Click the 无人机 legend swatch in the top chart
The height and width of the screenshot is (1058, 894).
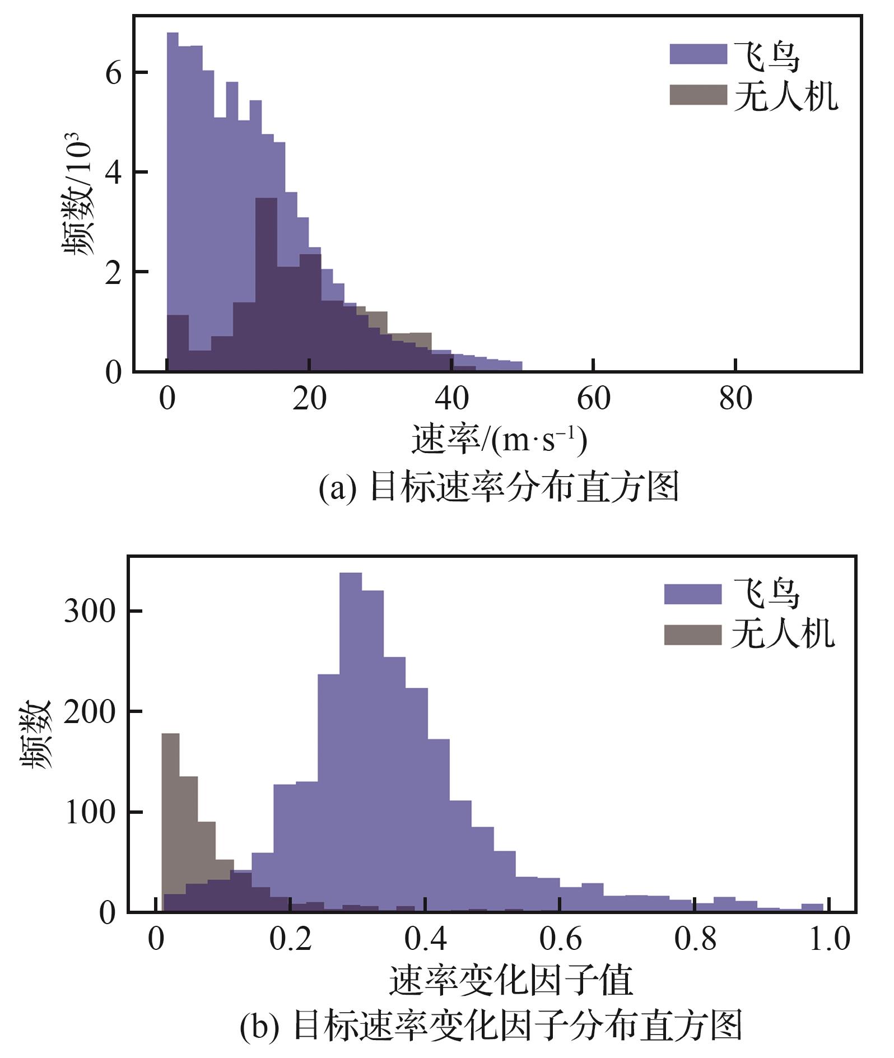click(698, 95)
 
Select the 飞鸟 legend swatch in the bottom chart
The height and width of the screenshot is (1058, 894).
click(692, 594)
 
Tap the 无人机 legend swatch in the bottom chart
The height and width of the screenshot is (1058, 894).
click(692, 635)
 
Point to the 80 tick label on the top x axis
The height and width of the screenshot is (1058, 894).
click(735, 399)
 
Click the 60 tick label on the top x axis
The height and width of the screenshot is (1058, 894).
click(593, 399)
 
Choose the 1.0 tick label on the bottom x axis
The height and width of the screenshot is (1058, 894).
click(829, 939)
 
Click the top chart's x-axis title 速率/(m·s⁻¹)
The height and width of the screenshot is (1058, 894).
click(499, 440)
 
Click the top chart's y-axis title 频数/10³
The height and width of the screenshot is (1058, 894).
click(77, 193)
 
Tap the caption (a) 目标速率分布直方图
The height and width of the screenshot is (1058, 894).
click(499, 487)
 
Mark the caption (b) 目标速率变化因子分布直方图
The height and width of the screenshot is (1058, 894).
click(491, 1026)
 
